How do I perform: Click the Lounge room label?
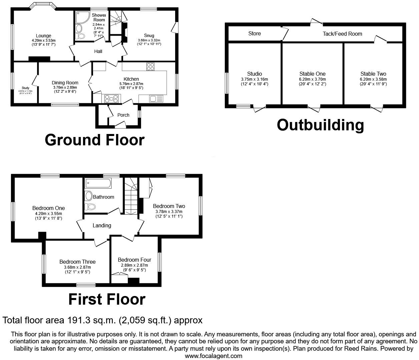tap(44, 36)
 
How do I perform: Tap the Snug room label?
tap(149, 35)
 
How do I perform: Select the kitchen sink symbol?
tap(156, 99)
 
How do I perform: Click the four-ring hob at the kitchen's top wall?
tap(150, 67)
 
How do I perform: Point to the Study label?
tap(25, 88)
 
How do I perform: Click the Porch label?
tap(123, 115)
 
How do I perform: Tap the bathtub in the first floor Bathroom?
tap(98, 183)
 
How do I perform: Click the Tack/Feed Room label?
tap(342, 34)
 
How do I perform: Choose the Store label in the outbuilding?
tap(255, 33)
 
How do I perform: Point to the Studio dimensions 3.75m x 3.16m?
tap(255, 79)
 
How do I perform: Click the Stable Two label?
tap(373, 74)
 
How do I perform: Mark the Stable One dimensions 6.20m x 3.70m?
tap(313, 79)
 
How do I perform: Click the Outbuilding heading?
tap(320, 125)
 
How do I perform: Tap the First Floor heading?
tap(107, 299)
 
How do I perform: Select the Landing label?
tap(102, 225)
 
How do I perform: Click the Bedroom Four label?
tap(134, 260)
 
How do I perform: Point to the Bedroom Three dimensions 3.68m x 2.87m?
tap(77, 267)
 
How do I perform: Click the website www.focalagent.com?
tap(214, 356)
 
